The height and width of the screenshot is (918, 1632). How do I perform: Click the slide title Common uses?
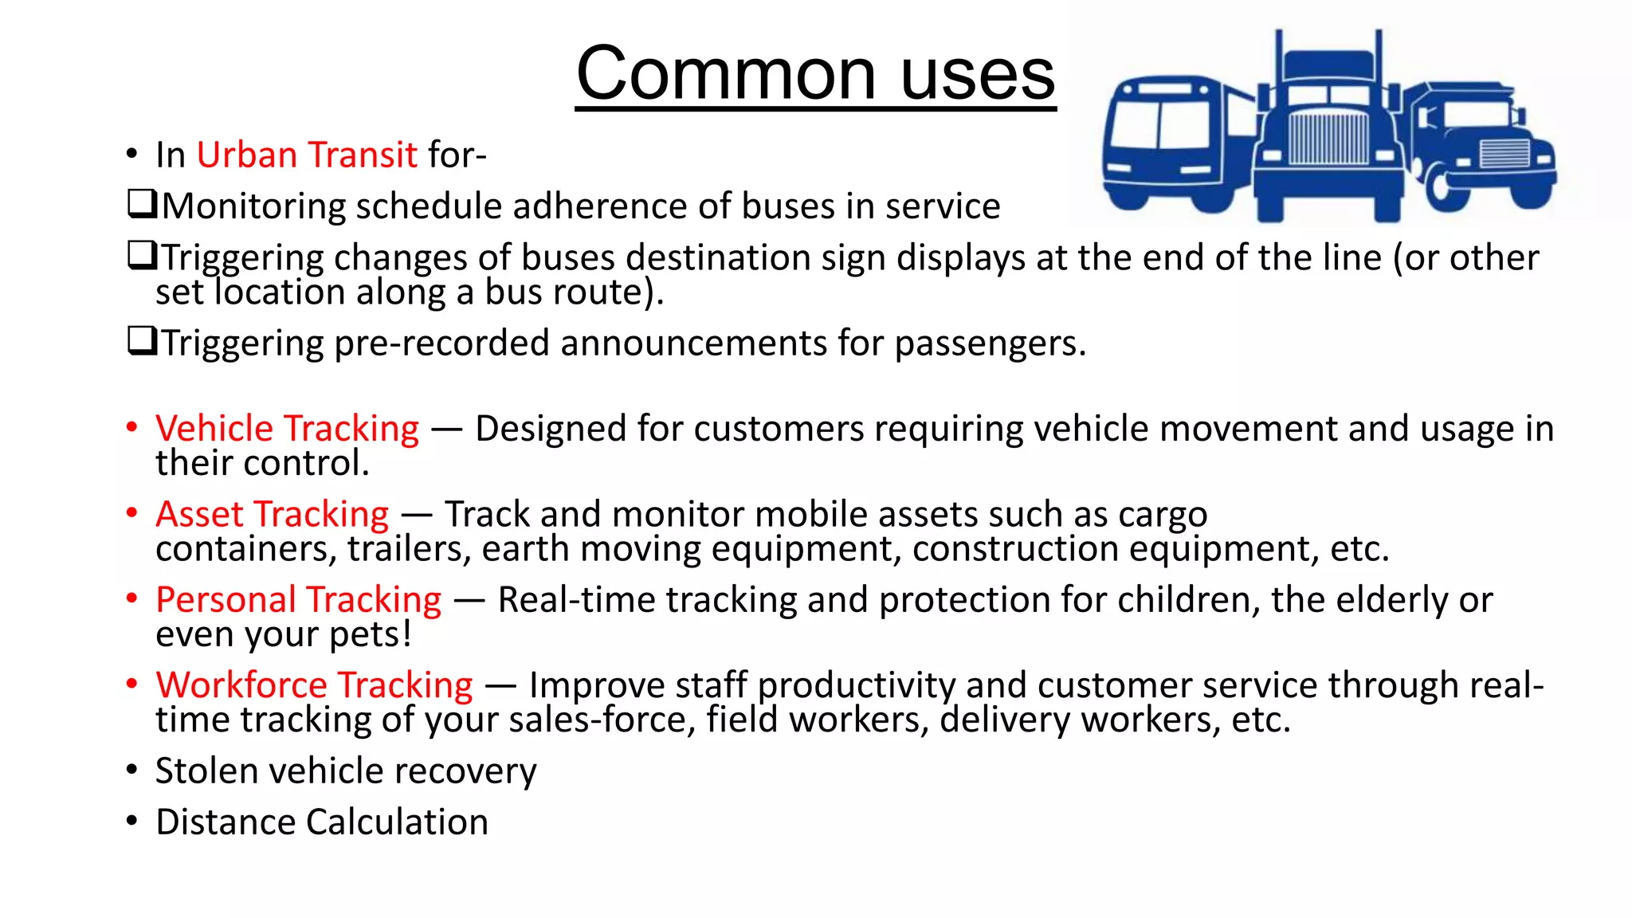[815, 73]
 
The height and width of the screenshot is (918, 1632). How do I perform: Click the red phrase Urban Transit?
[307, 155]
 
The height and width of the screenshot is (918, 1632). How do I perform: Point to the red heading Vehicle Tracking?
[287, 429]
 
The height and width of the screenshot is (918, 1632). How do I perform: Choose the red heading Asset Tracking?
[272, 514]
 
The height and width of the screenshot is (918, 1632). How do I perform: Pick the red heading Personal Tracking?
[298, 599]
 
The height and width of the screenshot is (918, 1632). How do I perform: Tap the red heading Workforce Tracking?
[314, 685]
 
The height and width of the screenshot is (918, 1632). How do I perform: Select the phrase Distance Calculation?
[321, 822]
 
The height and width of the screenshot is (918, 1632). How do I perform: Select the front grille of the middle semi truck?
[1327, 139]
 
